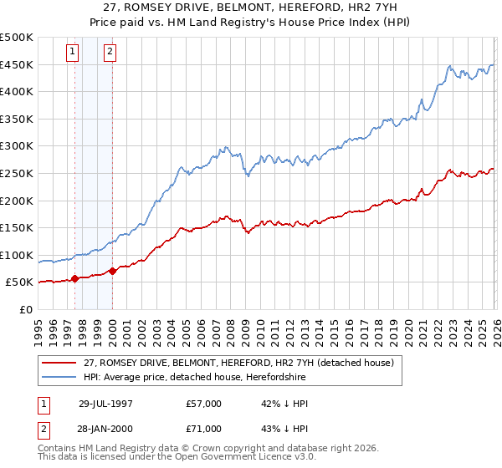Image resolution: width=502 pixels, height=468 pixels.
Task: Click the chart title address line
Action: point(251,8)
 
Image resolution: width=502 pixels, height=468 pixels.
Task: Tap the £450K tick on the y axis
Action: point(17,64)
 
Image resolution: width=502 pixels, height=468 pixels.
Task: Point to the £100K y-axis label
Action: point(17,255)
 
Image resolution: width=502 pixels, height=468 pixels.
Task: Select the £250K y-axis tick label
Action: point(17,173)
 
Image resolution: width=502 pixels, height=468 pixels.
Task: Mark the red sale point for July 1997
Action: point(75,278)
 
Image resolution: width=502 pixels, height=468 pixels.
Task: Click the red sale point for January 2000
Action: point(112,271)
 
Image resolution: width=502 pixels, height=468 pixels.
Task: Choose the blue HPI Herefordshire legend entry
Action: point(194,378)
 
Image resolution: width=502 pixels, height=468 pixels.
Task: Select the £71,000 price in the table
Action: point(204,430)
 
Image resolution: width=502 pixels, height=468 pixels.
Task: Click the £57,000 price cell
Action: point(204,403)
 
